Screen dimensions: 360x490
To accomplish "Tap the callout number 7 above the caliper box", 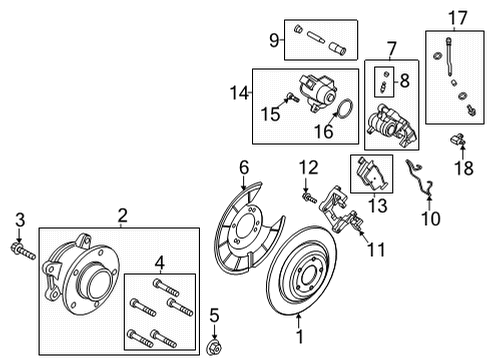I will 391,47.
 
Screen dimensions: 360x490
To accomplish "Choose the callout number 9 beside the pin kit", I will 273,41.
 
